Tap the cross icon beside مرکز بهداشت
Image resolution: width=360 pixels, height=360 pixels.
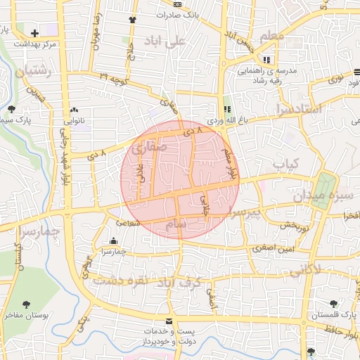36,32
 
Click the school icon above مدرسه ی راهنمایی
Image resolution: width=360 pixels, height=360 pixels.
266,60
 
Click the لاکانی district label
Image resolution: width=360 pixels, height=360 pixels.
304,269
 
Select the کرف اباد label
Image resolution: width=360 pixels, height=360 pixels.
200,282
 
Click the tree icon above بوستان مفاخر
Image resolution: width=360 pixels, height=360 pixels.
27,304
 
